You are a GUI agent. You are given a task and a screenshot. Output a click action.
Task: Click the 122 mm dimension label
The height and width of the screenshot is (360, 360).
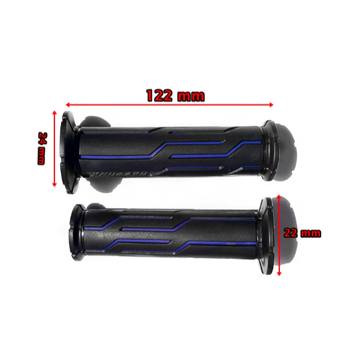[x=175, y=96]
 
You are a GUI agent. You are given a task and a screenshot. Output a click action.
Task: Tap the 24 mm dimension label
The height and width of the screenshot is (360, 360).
[x=42, y=148]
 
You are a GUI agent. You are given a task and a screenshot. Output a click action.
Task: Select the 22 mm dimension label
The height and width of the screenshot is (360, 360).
[x=303, y=233]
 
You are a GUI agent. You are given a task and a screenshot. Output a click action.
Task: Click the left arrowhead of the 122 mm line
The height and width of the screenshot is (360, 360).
[x=68, y=105]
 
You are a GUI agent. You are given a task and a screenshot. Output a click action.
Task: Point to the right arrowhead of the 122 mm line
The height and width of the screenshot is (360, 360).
[x=271, y=105]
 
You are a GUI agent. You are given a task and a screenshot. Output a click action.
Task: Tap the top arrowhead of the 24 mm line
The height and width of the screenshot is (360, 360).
[x=54, y=112]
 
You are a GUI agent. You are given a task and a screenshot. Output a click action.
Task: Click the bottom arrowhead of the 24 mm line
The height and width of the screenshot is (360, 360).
[x=54, y=185]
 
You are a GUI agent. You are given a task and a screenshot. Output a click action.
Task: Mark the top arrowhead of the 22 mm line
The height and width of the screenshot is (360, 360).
[x=279, y=197]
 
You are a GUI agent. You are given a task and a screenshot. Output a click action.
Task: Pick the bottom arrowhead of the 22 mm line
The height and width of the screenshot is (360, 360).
[x=279, y=273]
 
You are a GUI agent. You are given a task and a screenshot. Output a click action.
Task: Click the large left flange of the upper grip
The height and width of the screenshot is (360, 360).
[x=69, y=152]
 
